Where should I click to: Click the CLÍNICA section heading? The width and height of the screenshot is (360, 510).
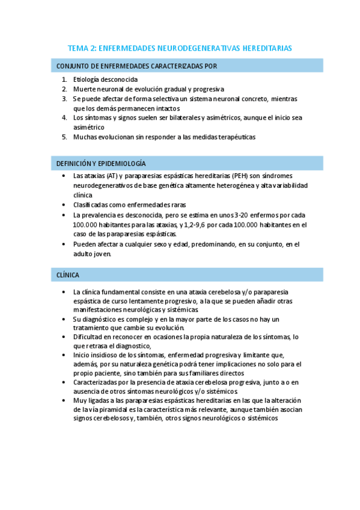[68, 275]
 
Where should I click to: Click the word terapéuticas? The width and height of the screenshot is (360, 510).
[233, 137]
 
